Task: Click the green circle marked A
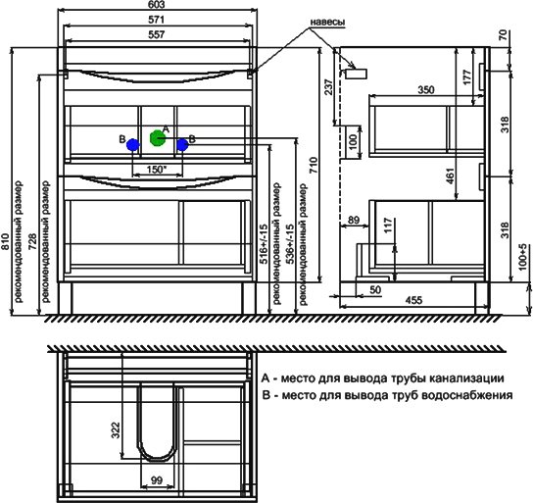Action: (x=158, y=138)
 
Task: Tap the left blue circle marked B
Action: (x=133, y=145)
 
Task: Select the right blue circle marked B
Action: (x=182, y=145)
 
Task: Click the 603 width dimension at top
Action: (x=157, y=5)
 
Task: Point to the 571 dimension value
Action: (x=157, y=20)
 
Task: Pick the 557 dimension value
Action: (x=157, y=34)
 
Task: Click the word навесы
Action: (x=327, y=22)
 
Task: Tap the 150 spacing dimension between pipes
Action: (x=156, y=170)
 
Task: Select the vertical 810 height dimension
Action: (x=6, y=242)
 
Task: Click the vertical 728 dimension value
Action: (x=32, y=242)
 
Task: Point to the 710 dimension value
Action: (x=314, y=165)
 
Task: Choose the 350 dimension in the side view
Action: (x=426, y=90)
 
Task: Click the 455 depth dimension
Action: (x=414, y=300)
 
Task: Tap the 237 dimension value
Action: (x=328, y=88)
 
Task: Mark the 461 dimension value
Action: (x=450, y=176)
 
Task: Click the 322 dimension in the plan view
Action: (x=116, y=430)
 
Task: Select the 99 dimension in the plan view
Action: (x=157, y=480)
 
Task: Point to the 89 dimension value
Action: (x=354, y=220)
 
